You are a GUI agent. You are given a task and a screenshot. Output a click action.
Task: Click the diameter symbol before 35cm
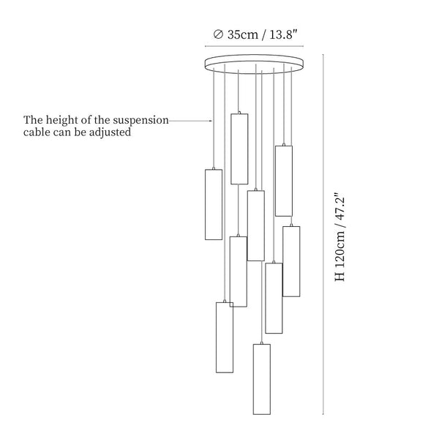coord(218,34)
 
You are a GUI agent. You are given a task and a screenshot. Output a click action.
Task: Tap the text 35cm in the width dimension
coord(242,34)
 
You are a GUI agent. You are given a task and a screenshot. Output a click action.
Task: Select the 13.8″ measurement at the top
coord(282,34)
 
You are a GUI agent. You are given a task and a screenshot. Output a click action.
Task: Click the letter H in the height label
coord(340,277)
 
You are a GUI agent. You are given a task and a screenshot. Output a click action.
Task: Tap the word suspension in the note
coord(140,121)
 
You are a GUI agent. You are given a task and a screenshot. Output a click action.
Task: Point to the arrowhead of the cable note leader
coord(211,121)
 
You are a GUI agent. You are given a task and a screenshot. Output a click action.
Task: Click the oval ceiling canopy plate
coord(254,64)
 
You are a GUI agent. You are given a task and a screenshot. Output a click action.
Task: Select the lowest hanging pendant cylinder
coord(262,379)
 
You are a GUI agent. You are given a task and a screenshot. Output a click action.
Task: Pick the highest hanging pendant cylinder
coord(239,149)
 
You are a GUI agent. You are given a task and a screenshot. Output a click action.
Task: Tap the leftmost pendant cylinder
coord(214,204)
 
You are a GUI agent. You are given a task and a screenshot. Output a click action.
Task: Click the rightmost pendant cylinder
coord(291,261)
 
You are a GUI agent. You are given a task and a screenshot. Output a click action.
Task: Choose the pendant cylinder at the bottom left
coord(225,337)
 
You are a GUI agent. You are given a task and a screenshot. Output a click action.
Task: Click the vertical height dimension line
coord(323,234)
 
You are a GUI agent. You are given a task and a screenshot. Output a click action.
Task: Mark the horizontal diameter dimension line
coord(254,46)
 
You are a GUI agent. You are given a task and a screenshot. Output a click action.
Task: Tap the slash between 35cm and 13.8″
coord(263,35)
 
